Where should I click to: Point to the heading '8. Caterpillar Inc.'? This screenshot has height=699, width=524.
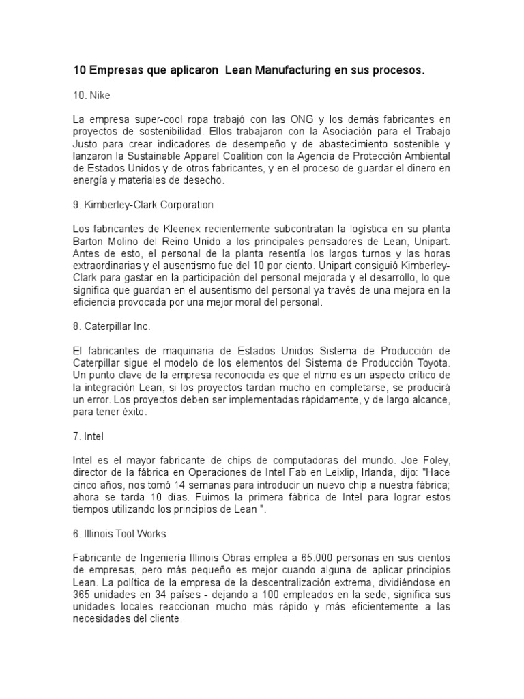(x=111, y=326)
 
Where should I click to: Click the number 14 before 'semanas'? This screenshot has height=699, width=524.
(x=169, y=484)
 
